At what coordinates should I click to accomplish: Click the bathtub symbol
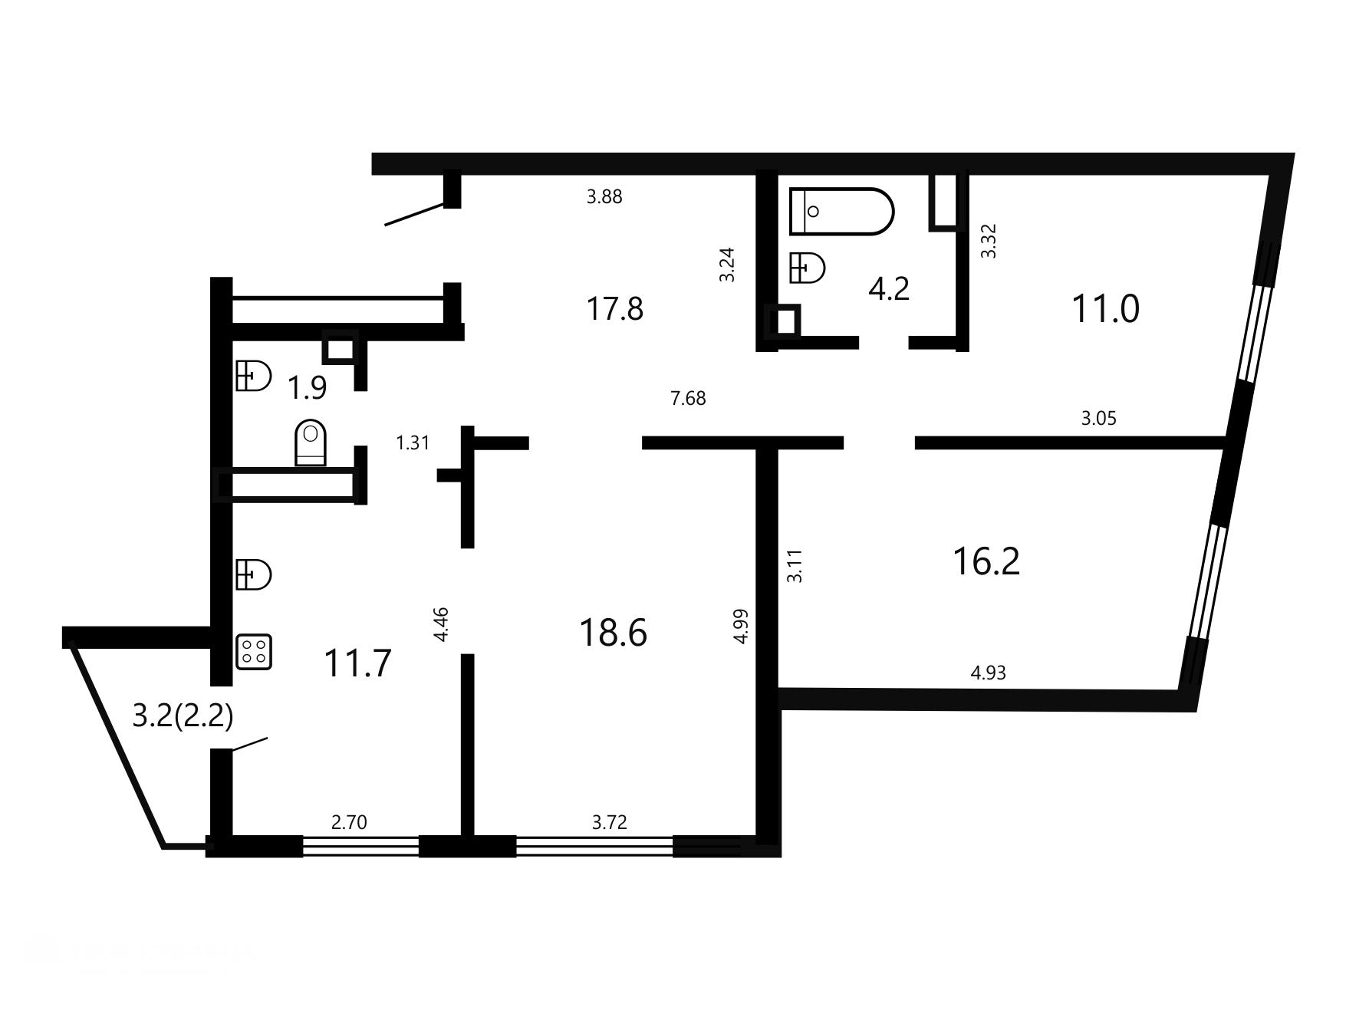point(841,211)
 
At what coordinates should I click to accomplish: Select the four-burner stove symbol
point(254,652)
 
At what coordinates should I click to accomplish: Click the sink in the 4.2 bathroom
point(807,268)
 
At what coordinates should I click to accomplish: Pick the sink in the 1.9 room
point(253,376)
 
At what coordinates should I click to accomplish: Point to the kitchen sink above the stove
point(254,574)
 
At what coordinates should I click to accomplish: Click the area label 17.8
point(615,309)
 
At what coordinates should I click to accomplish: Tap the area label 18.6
point(614,633)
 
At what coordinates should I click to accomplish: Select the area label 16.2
point(986,561)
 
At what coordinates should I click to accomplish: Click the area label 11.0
point(1105,309)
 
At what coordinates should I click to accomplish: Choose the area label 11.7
point(357,663)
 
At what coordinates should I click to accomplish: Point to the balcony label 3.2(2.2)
point(183,716)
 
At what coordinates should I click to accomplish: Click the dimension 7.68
point(688,399)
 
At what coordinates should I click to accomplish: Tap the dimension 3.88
point(604,197)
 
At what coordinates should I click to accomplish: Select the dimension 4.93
point(988,673)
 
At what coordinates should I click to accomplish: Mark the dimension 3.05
point(1098,419)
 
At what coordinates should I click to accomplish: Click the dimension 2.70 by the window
point(349,823)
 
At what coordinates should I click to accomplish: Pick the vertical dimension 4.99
point(741,626)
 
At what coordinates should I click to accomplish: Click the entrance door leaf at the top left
point(414,214)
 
